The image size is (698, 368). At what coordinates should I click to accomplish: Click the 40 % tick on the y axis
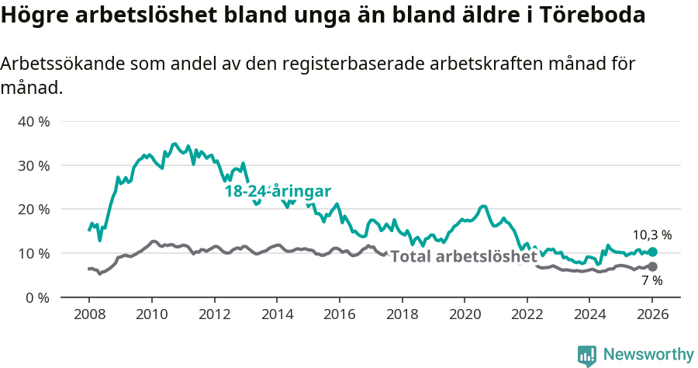[x=33, y=122]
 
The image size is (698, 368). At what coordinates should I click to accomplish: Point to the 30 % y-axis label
[x=33, y=165]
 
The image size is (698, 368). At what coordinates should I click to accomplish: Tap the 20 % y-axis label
[x=33, y=210]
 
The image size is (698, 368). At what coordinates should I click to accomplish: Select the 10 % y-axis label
[x=33, y=253]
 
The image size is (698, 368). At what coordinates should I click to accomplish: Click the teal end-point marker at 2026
[x=652, y=252]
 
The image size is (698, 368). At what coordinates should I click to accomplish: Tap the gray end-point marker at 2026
[x=652, y=266]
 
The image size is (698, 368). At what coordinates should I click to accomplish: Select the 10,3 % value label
[x=651, y=234]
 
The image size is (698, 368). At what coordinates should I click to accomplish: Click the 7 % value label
[x=651, y=281]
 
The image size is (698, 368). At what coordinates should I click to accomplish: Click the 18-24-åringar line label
[x=278, y=192]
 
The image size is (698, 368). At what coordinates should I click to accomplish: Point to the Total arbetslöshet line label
[x=463, y=256]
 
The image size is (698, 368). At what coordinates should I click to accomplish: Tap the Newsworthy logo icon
[x=587, y=356]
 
